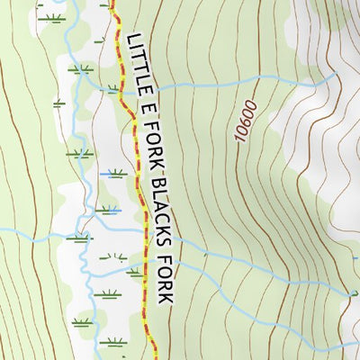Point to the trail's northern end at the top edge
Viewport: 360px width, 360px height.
coord(115,3)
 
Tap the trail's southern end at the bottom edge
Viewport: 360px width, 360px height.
coord(148,357)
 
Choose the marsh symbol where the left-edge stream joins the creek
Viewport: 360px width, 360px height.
coord(79,239)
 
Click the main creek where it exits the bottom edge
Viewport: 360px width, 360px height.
coord(97,357)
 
